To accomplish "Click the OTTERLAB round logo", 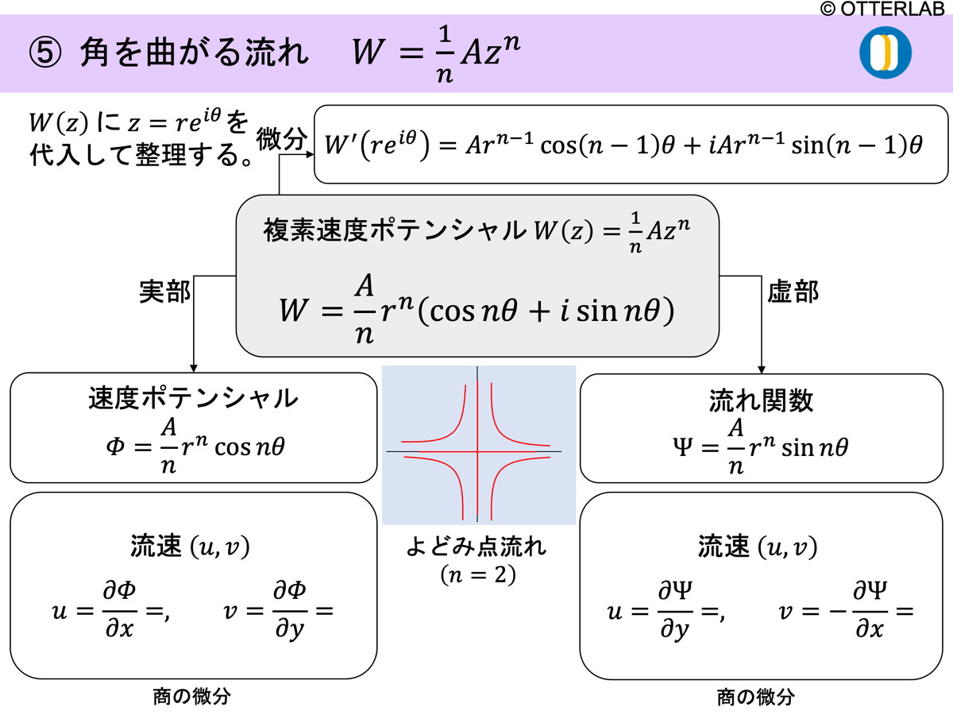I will click(x=885, y=52).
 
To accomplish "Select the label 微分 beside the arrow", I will click(x=281, y=141).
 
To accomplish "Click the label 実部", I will click(x=164, y=292).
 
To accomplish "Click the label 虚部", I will click(x=793, y=292).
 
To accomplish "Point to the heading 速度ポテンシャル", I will click(x=193, y=398).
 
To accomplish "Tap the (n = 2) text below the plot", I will click(x=478, y=574).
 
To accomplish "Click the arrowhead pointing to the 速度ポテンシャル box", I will click(x=194, y=368).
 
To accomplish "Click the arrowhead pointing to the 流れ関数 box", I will click(x=762, y=368).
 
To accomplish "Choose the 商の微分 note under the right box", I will click(x=755, y=698).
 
